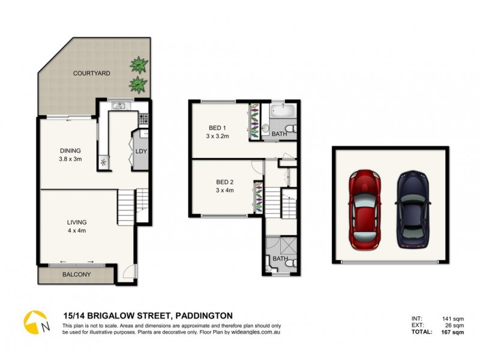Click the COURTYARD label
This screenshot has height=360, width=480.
[91, 73]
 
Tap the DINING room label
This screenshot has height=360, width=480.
[70, 151]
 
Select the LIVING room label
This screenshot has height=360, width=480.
[77, 222]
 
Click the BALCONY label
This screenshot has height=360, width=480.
[76, 275]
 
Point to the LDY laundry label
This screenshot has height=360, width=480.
[142, 151]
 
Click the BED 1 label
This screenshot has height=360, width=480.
[217, 128]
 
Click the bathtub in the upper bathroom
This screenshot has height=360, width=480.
[280, 111]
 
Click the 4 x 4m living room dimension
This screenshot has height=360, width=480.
[77, 230]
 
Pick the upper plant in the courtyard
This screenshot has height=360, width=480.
[139, 63]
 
